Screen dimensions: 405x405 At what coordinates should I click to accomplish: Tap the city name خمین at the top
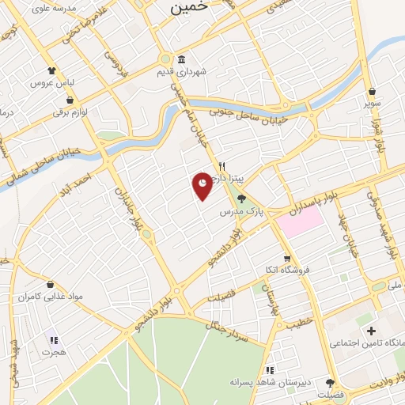[x=191, y=6]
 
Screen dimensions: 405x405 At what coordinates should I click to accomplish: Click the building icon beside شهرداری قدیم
[x=182, y=60]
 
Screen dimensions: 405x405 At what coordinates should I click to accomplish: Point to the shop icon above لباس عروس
[x=52, y=71]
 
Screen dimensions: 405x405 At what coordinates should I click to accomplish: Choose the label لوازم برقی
[x=74, y=112]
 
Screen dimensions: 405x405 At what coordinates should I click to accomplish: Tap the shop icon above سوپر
[x=372, y=92]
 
